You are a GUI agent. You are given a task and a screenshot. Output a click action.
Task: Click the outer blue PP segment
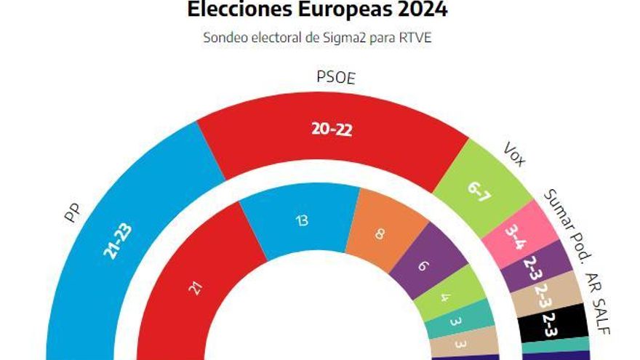pyautogui.click(x=116, y=240)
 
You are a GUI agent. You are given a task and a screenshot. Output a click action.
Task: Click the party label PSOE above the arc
pyautogui.click(x=335, y=77)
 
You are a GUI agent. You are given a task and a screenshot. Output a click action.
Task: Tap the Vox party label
pyautogui.click(x=514, y=154)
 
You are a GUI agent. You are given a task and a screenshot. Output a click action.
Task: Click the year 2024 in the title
pyautogui.click(x=417, y=9)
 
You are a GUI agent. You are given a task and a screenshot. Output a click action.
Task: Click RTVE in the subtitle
pyautogui.click(x=416, y=38)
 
